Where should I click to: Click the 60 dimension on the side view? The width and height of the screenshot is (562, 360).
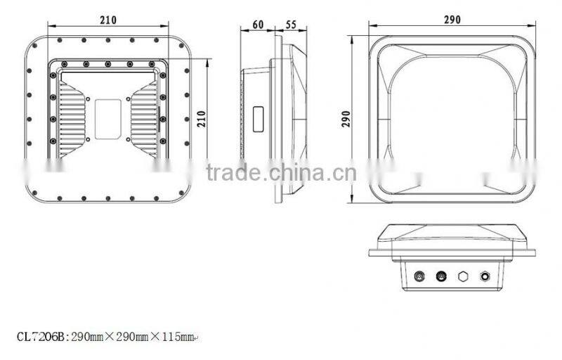pos(257,25)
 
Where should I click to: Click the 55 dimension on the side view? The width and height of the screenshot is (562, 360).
pos(292,25)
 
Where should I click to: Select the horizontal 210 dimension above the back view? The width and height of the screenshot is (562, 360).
pos(108,20)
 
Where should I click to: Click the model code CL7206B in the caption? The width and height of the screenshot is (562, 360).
pos(39,337)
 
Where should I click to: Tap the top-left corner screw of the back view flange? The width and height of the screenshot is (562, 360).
pos(37,47)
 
